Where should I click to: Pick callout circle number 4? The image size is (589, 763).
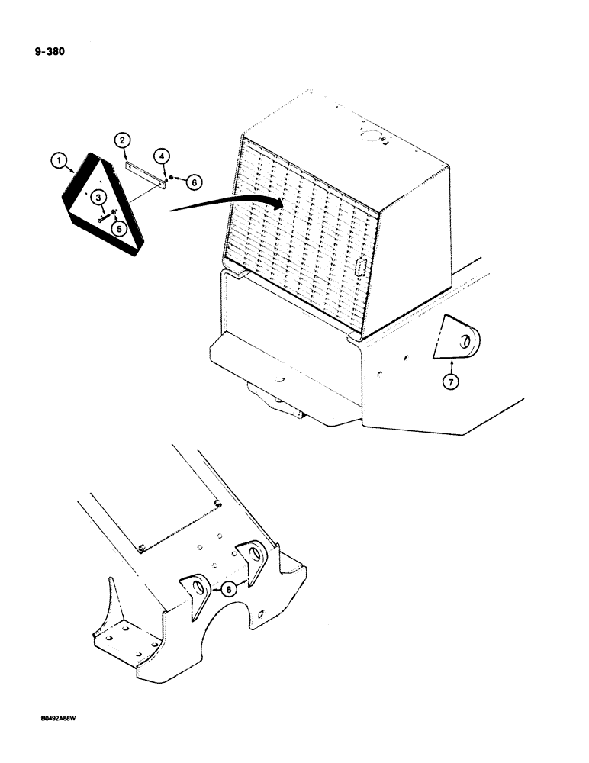pos(117,226)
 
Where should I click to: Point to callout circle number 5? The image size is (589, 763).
pos(195,182)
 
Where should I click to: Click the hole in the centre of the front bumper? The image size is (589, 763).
pos(281,378)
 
